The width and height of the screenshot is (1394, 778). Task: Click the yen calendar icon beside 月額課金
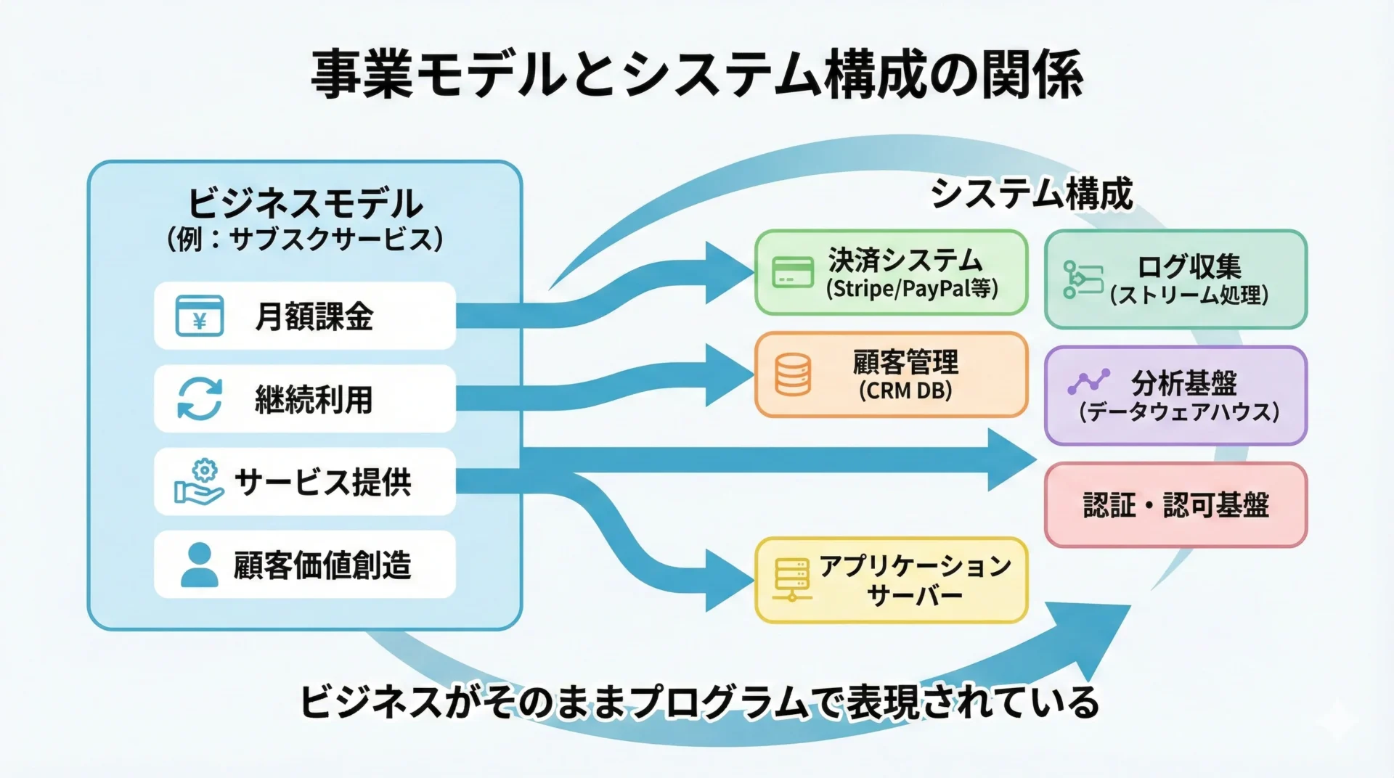(200, 316)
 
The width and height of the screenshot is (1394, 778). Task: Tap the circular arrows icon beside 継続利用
(200, 398)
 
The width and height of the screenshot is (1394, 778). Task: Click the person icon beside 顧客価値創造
(199, 565)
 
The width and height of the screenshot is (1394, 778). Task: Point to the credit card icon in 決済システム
(792, 272)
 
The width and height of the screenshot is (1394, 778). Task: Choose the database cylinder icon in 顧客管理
(793, 374)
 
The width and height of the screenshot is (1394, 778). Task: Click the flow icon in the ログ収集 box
(1082, 279)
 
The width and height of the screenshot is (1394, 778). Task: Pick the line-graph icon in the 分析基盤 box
(1088, 382)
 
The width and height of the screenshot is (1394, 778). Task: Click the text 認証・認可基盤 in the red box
(1175, 505)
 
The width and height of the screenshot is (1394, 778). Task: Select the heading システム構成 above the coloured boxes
(1031, 194)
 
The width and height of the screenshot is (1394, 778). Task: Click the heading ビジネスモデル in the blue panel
(305, 203)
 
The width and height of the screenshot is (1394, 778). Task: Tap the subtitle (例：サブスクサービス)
(305, 239)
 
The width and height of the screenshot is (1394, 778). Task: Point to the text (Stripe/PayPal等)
(912, 289)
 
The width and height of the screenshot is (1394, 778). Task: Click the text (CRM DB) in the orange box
(905, 390)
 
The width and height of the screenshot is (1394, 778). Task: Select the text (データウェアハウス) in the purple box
(1179, 411)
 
